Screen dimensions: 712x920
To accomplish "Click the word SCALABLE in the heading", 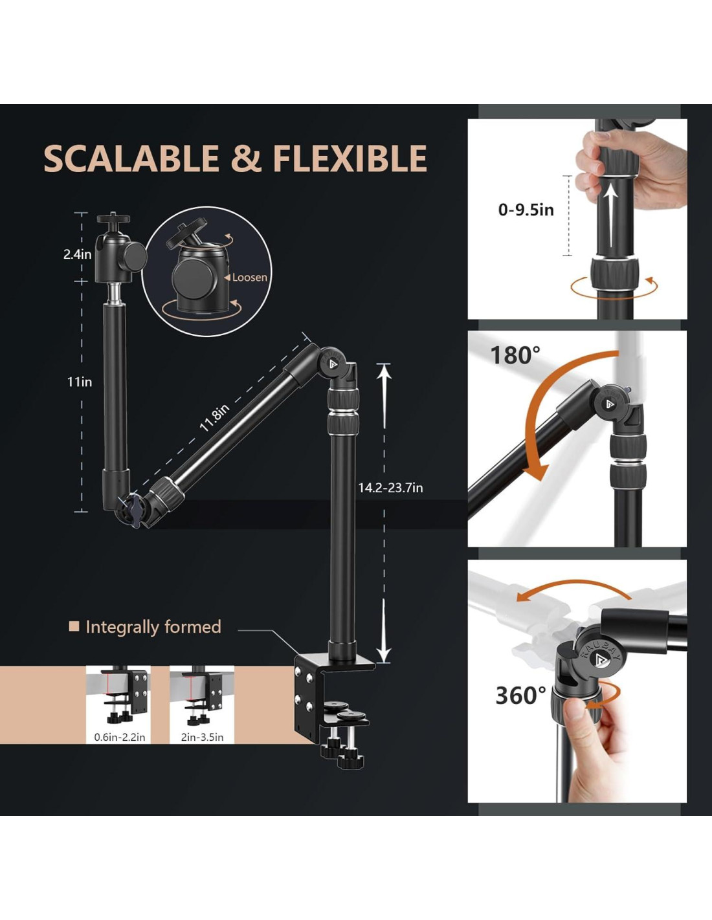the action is pos(131,159).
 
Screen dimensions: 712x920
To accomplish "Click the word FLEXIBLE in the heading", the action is pos(350,159).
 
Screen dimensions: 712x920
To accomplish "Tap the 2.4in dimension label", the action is pos(77,254).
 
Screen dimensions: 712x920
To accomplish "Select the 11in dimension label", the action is pos(79,382).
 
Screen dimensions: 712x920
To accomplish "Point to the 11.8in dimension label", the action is pos(214,417).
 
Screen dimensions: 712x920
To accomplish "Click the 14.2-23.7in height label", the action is pos(390,488).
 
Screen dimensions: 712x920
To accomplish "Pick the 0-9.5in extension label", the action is pos(526,210).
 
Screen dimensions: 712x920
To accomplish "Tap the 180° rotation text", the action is pos(515,355).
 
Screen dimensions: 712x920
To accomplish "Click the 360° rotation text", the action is pos(520,695).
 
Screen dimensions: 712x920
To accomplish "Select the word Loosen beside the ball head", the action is pos(249,278).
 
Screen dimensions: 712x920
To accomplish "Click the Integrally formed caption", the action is pos(153,627).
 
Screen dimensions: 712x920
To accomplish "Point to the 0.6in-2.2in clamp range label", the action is pos(120,737).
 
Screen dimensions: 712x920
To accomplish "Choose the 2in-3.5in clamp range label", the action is pos(202,737).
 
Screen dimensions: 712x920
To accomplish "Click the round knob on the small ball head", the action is pos(132,256).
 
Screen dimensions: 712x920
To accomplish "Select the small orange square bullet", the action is pos(74,626).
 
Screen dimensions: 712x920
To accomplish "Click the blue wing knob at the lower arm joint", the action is pos(132,506).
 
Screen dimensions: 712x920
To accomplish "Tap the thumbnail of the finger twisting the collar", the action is pos(577,681).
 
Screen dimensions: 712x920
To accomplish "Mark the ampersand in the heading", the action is pos(246,159).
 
